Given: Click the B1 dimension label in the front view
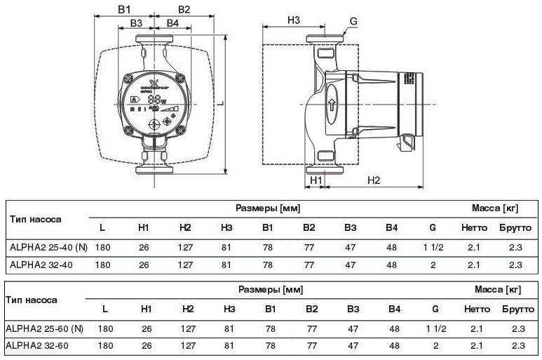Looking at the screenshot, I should point(124,9).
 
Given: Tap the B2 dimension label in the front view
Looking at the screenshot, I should point(184,9).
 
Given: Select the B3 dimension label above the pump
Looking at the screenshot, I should point(137,24).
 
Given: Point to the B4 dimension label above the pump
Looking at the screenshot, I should point(172,24).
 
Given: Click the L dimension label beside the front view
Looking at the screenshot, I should point(219,103).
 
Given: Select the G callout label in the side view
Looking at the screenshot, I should point(354,22).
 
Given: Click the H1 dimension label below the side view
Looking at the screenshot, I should point(316,180).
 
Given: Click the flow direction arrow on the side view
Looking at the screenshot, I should point(330,109).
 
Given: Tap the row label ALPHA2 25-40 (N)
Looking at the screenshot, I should point(49,247).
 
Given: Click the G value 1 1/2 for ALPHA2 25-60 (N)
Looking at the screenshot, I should point(435,328).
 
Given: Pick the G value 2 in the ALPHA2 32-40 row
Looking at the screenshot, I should point(433,265).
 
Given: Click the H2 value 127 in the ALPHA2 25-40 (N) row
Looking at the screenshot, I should point(185,247).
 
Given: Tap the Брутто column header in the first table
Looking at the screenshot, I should point(515,228).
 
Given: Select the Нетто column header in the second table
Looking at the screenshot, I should point(477,309).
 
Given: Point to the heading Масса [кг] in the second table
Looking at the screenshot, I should point(499,289).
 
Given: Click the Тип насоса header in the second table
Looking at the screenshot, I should point(31,300).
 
